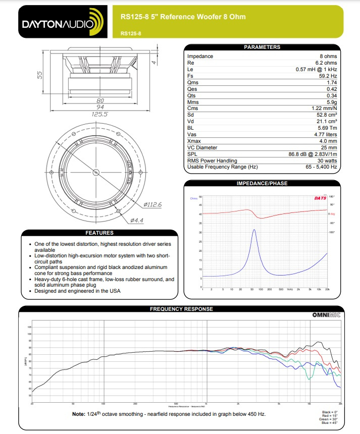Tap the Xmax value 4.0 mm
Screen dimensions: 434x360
point(328,141)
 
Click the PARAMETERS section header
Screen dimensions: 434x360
point(262,47)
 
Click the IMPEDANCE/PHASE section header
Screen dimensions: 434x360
point(262,184)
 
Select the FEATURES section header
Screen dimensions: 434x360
point(99,233)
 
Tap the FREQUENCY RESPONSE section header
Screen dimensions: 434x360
point(181,309)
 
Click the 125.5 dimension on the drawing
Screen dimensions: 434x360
point(99,115)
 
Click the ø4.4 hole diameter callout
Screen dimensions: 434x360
point(137,221)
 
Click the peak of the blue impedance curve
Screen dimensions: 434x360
point(253,230)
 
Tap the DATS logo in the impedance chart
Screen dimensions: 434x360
point(320,198)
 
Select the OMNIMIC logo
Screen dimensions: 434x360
point(326,315)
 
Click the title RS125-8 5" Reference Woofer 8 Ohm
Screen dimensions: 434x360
point(183,17)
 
